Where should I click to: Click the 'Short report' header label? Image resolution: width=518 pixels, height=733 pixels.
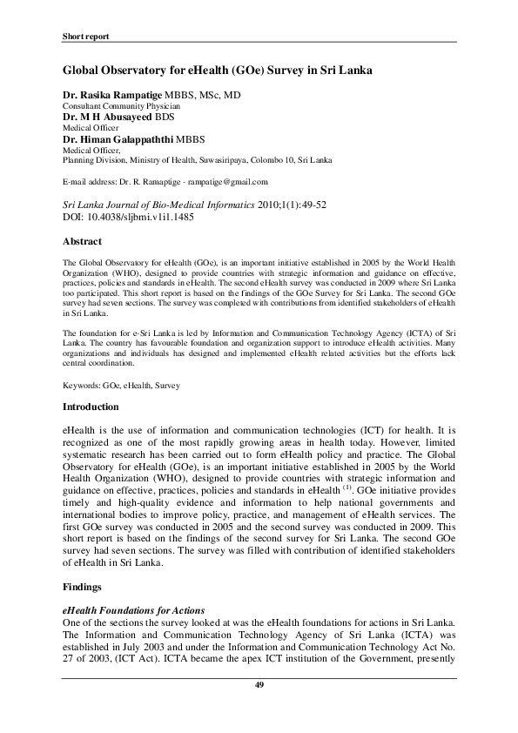[85, 37]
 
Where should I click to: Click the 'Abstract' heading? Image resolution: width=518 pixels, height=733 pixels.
[83, 241]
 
